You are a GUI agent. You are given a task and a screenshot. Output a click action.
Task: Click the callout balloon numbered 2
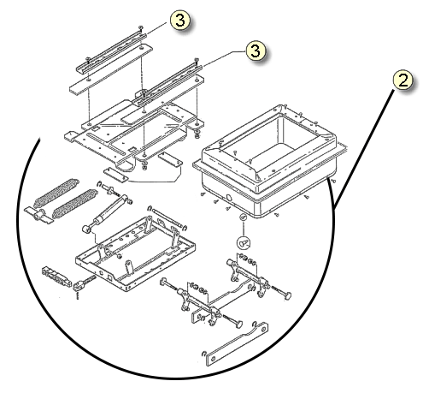403,80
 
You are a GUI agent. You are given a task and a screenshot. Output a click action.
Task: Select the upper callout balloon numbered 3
180,21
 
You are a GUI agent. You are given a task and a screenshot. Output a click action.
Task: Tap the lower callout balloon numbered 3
256,51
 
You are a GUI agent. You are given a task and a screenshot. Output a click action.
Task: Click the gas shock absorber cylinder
105,212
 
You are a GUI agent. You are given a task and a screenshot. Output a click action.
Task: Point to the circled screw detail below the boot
244,242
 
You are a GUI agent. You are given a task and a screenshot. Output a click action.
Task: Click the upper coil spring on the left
56,193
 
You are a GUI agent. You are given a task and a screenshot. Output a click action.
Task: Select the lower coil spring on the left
75,204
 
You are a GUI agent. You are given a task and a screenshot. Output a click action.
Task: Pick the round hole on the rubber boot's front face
228,197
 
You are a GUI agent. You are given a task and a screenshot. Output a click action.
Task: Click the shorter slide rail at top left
112,52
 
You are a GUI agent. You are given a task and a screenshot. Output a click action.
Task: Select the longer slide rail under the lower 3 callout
167,86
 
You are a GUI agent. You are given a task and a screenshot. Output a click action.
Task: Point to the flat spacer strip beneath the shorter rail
111,69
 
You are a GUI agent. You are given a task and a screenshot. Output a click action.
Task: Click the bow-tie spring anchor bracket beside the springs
38,215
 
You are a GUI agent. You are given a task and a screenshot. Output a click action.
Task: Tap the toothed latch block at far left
56,277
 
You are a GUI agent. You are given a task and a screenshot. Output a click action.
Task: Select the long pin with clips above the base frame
167,217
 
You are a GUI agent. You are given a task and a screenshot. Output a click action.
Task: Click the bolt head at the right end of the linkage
287,295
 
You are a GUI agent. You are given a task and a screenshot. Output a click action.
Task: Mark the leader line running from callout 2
365,148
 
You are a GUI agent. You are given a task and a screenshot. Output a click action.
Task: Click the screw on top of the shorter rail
141,27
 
